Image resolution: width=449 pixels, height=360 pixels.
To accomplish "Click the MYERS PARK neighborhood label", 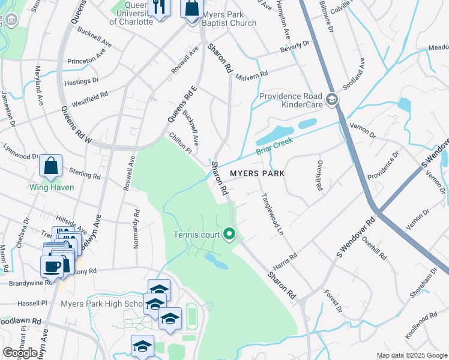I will pos(257,173).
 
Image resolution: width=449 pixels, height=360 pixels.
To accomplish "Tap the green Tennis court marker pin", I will pos(229,233).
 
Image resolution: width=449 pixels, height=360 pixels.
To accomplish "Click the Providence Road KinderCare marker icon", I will pos(332,99).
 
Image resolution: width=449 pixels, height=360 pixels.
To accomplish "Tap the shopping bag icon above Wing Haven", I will pos(51,166).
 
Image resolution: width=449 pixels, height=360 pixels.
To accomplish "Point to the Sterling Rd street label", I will pos(85,175).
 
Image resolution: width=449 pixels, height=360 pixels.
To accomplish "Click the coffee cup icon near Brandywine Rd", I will pos(51,266).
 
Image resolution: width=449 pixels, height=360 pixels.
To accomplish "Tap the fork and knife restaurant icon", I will pos(159,7).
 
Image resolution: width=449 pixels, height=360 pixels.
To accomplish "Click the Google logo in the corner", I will pos(20,353).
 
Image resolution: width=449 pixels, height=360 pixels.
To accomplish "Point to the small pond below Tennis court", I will pos(215,260).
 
